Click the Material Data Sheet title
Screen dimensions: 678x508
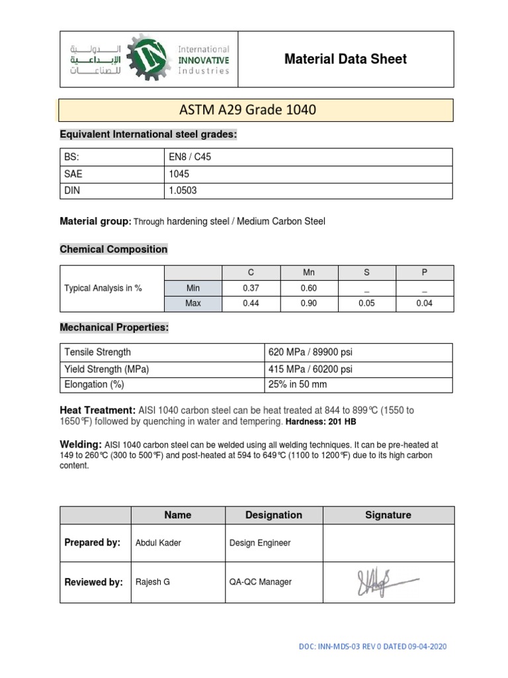click(x=345, y=59)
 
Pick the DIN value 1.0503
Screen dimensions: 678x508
click(x=183, y=191)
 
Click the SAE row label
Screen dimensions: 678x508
click(x=73, y=173)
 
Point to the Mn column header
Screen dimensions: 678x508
click(x=309, y=272)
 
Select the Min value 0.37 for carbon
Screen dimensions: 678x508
click(x=252, y=289)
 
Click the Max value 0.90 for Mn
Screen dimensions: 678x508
click(x=309, y=304)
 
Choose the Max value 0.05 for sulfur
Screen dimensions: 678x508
click(x=366, y=304)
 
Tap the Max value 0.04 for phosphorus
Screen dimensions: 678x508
click(x=424, y=304)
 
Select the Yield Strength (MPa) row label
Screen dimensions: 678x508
click(x=106, y=369)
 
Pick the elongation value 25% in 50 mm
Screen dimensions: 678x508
click(x=297, y=385)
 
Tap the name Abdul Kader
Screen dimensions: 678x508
click(x=158, y=543)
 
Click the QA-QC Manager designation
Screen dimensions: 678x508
click(x=260, y=582)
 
